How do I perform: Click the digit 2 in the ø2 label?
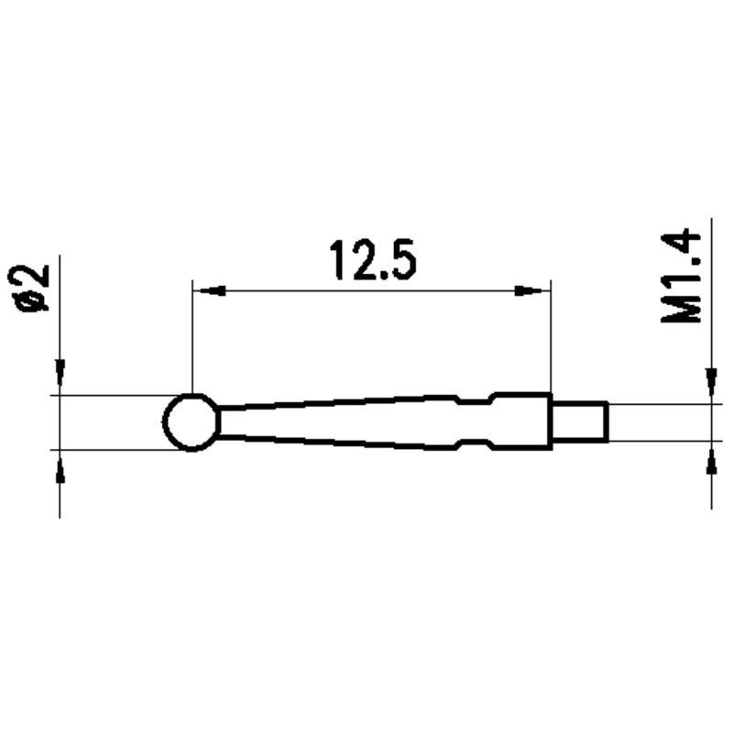pyautogui.click(x=37, y=275)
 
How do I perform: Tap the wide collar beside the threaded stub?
pyautogui.click(x=521, y=421)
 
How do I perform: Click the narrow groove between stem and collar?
pyautogui.click(x=473, y=421)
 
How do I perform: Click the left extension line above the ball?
pyautogui.click(x=191, y=339)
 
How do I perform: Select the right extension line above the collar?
pyautogui.click(x=551, y=339)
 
